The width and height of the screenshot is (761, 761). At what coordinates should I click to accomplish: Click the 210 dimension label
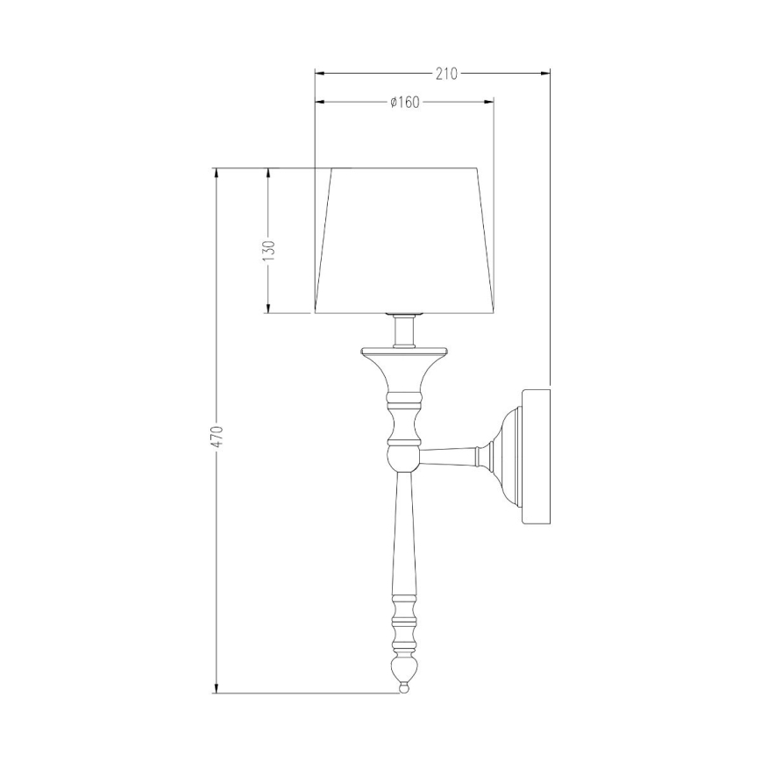click(446, 74)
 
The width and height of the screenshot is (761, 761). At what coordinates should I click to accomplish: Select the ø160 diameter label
click(403, 103)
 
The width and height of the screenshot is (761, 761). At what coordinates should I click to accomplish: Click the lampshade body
click(403, 241)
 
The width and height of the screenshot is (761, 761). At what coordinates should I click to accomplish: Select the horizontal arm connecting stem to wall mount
click(449, 456)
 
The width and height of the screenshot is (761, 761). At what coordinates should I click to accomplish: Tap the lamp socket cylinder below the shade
click(404, 331)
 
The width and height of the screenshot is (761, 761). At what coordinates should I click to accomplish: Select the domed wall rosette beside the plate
click(505, 456)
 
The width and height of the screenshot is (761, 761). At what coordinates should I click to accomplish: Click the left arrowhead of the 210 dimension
click(318, 74)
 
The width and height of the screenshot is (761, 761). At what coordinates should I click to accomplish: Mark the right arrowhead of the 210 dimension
click(545, 74)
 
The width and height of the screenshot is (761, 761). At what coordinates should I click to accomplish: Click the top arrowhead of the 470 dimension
click(217, 173)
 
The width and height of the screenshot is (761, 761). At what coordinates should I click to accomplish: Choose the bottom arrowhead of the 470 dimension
click(217, 688)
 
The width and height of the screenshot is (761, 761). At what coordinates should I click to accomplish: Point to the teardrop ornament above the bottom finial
click(404, 671)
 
